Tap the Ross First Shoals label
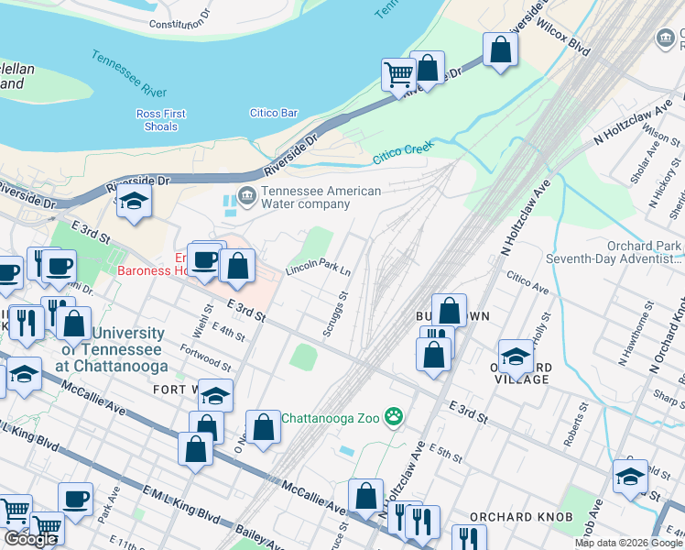161,120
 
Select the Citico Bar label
274,113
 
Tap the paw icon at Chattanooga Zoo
395,418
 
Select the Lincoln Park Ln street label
318,269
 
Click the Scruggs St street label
336,313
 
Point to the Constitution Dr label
179,24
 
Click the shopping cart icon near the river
398,73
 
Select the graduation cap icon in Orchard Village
516,357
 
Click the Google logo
30,539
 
